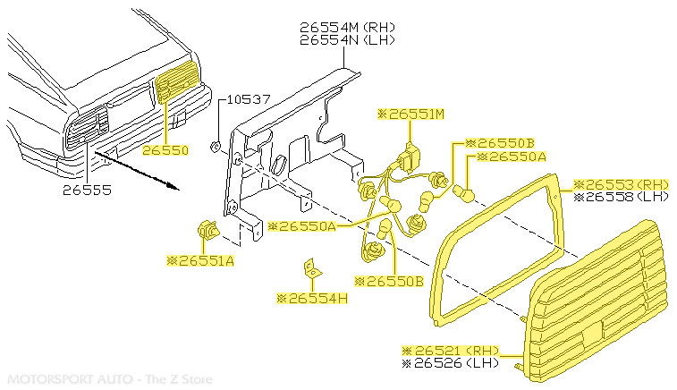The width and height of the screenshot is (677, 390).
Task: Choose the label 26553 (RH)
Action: tap(620, 182)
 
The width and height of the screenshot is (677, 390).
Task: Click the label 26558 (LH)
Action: tap(620, 195)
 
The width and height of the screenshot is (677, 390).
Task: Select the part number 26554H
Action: tap(311, 297)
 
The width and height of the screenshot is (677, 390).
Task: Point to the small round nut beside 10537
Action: tap(215, 143)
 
